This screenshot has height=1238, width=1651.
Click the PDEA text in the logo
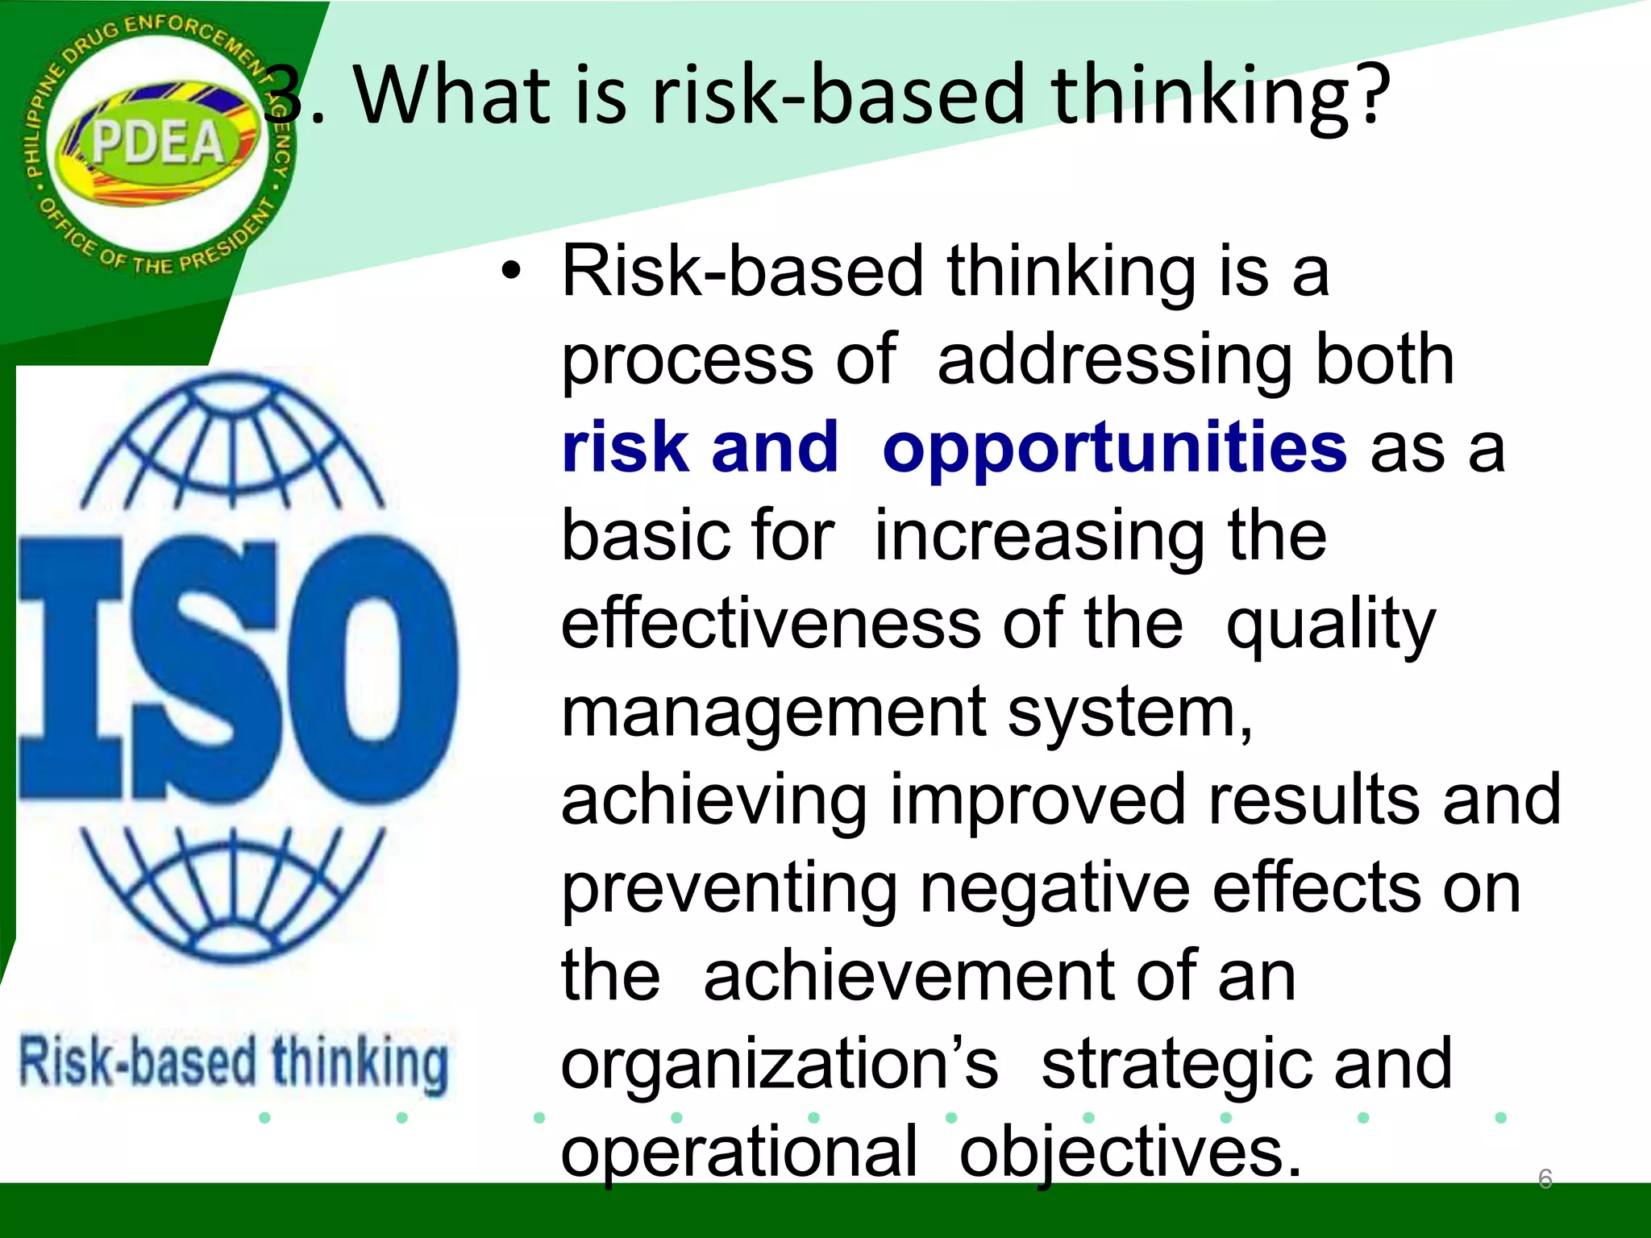(x=157, y=143)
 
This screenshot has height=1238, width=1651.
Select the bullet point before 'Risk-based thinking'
(x=510, y=272)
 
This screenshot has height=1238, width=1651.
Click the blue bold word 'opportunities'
(x=1114, y=448)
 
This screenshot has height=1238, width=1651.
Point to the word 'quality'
(x=1330, y=625)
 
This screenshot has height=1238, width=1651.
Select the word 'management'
(x=774, y=712)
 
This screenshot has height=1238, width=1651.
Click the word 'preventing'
(x=729, y=890)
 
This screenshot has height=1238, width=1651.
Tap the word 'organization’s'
(x=779, y=1064)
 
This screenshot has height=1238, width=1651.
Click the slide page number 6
(x=1545, y=1178)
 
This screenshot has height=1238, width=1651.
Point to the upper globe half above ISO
(x=234, y=443)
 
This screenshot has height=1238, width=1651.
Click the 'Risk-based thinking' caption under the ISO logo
(x=234, y=1062)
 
